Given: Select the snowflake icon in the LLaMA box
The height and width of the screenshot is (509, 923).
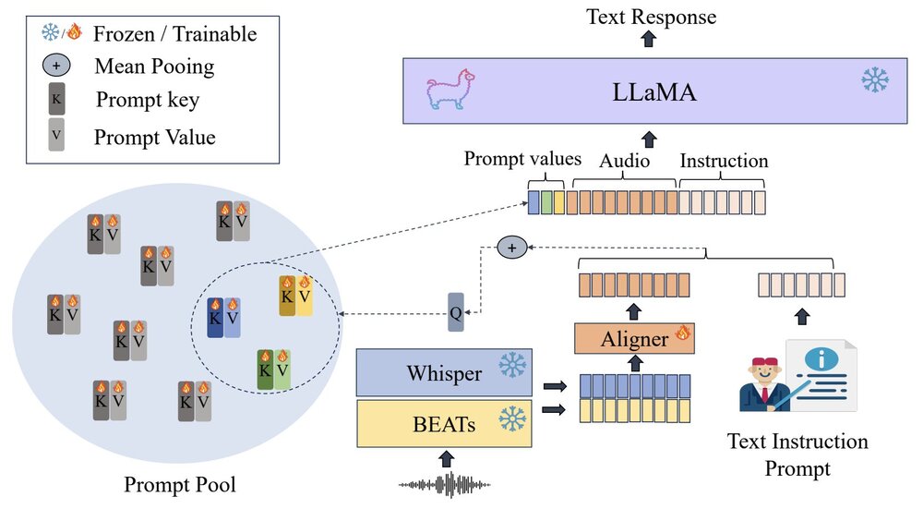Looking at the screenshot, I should point(873,80).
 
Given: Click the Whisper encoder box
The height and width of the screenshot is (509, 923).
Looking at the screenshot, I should point(445,373).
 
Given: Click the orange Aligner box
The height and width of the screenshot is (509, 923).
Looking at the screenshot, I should point(633,339).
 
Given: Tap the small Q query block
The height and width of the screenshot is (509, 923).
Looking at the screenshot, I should point(455,312).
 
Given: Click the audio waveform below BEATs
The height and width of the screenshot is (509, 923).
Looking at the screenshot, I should point(445,483).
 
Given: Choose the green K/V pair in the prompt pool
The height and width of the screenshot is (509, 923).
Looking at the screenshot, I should point(274,370).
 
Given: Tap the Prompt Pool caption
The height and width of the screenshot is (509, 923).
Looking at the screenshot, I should point(182,484).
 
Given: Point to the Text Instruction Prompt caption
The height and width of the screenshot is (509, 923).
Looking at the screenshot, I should point(797,454).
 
